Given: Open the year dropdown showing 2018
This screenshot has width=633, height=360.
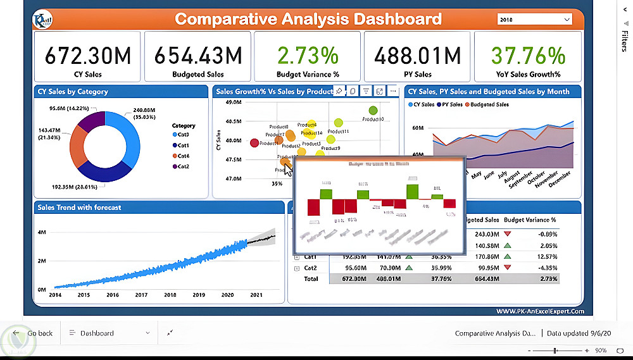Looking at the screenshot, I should (x=535, y=20).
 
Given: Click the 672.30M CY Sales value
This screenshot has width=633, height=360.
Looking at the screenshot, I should (x=88, y=56).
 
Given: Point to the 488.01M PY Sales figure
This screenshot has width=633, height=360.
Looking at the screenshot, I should (x=417, y=56).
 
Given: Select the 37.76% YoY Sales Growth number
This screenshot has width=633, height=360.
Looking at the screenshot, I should (x=528, y=56).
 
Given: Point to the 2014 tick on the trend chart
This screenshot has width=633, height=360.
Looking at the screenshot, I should (x=55, y=295).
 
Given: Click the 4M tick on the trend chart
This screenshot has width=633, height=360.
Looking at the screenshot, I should (x=42, y=233).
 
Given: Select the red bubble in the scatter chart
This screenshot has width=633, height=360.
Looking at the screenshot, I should (x=254, y=143).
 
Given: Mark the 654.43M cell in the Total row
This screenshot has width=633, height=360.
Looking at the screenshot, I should (x=488, y=278).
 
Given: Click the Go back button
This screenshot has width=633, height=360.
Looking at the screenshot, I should (x=35, y=333).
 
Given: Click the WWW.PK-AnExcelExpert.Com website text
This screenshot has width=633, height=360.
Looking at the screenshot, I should (x=539, y=311).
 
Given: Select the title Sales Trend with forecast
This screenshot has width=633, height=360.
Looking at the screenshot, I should (x=79, y=208).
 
